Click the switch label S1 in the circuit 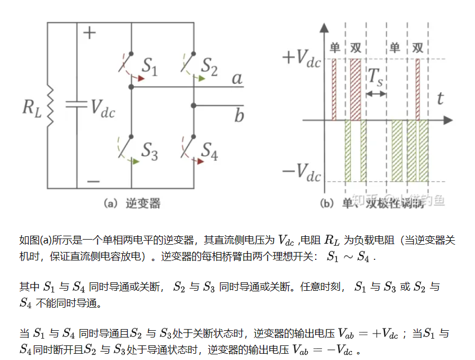coord(149,68)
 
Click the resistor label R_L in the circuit coord(30,107)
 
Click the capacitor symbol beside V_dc coord(76,105)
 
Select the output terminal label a coord(237,78)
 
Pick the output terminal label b coord(239,115)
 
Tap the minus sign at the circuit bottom coord(93,181)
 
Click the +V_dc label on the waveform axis coord(301,58)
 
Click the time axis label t coord(440,99)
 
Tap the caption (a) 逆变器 coord(132,203)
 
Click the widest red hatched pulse coord(355,89)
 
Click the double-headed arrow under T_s coord(377,93)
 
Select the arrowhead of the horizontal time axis coord(448,120)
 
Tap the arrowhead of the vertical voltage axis coord(324,26)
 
